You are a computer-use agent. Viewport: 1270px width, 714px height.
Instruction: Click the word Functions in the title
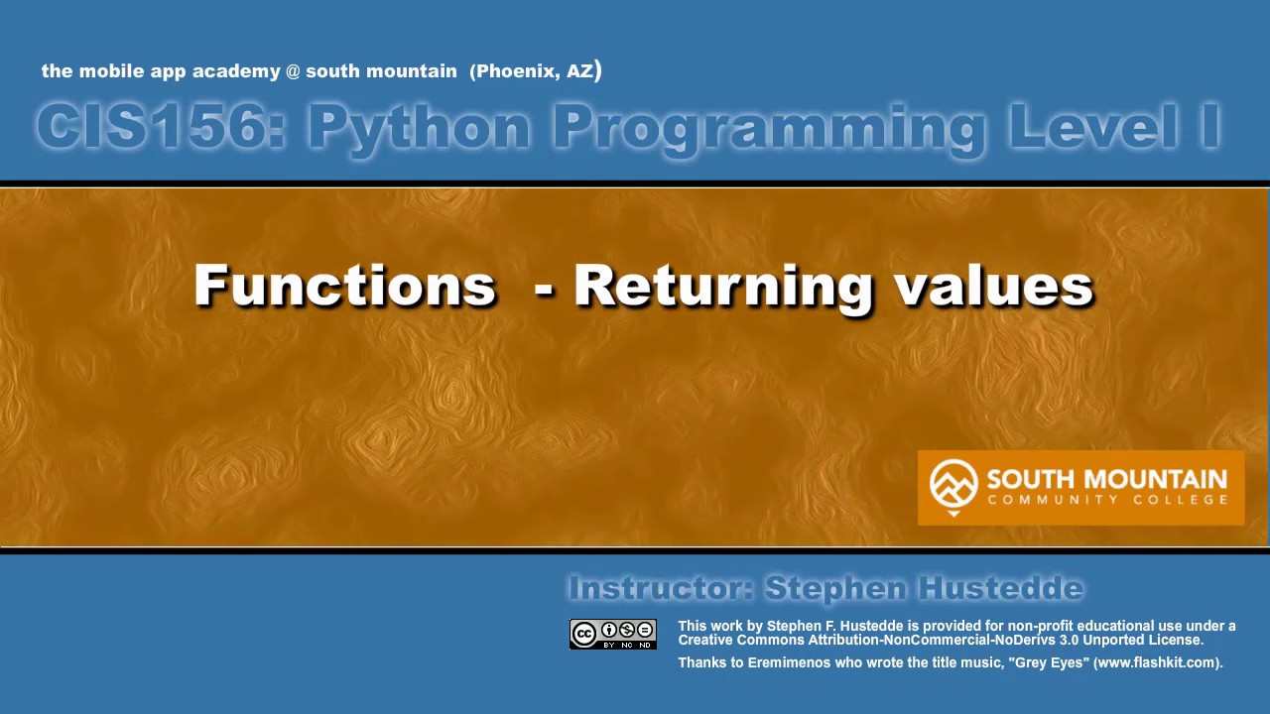(344, 286)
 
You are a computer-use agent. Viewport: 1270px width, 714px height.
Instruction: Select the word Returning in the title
(722, 287)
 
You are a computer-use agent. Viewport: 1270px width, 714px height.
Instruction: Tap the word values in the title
(993, 286)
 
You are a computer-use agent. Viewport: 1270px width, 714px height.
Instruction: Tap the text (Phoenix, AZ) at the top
(536, 70)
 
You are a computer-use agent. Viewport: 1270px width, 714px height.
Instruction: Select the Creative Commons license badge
(612, 635)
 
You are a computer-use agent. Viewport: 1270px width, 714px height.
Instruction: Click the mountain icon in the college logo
(953, 484)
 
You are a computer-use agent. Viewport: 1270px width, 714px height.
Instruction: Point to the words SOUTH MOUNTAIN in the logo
(1106, 479)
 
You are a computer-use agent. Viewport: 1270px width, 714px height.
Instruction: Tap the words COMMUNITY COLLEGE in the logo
(1106, 500)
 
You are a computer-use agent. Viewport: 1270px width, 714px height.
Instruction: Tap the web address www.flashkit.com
(1156, 662)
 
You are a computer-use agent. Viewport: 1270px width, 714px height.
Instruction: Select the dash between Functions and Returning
(543, 289)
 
